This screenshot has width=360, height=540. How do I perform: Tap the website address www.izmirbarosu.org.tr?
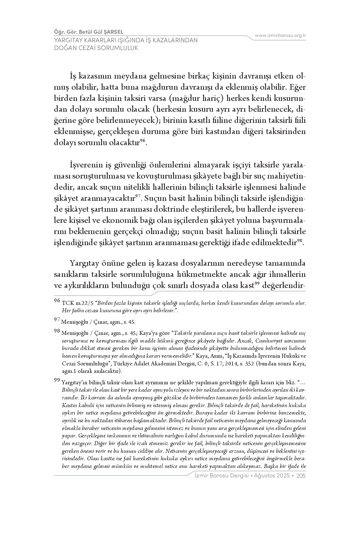[x=280, y=35]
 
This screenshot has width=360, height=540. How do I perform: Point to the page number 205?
[x=301, y=476]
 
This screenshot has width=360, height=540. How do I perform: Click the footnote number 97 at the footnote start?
[x=57, y=321]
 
